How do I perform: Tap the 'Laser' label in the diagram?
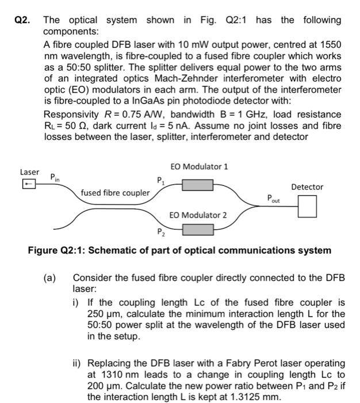tap(29, 172)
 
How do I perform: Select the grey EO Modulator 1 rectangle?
tap(198, 185)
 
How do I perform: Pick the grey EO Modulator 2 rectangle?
tap(198, 229)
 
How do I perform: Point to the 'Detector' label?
tap(307, 187)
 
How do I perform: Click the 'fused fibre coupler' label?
tap(115, 193)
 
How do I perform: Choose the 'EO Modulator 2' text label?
tap(198, 215)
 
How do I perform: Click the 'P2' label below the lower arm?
tap(160, 233)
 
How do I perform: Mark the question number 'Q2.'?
tap(22, 20)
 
